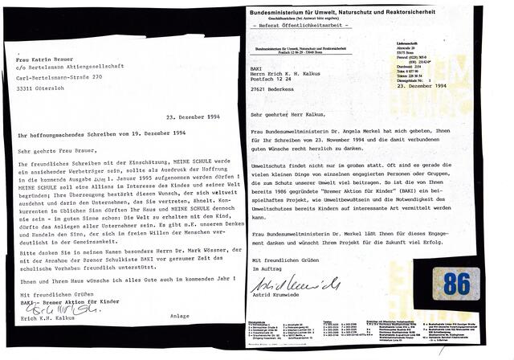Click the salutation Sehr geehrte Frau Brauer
click(x=51, y=149)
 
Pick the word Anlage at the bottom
click(x=181, y=317)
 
